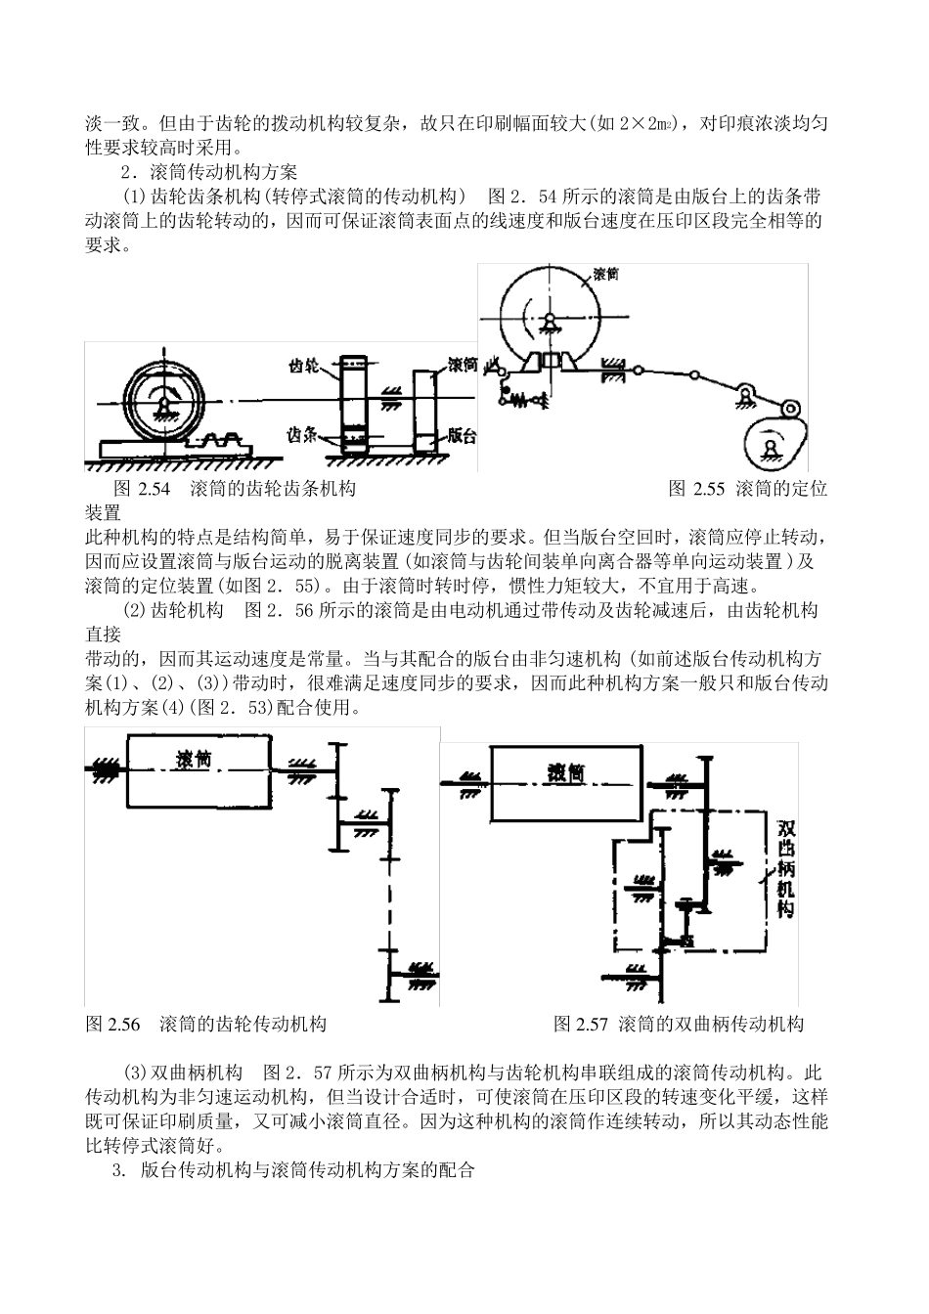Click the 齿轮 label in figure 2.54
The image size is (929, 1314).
pos(304,366)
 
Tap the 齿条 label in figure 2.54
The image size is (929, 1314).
pos(302,435)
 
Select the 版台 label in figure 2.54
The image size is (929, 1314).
pos(462,435)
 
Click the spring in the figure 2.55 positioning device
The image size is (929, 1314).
pos(520,401)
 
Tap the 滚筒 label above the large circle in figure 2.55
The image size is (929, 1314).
pos(605,274)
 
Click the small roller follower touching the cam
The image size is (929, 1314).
pos(791,408)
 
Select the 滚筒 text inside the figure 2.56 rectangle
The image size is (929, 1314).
pos(193,760)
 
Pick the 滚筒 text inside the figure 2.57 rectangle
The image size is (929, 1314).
pos(566,773)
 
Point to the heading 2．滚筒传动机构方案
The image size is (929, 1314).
pos(209,172)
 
